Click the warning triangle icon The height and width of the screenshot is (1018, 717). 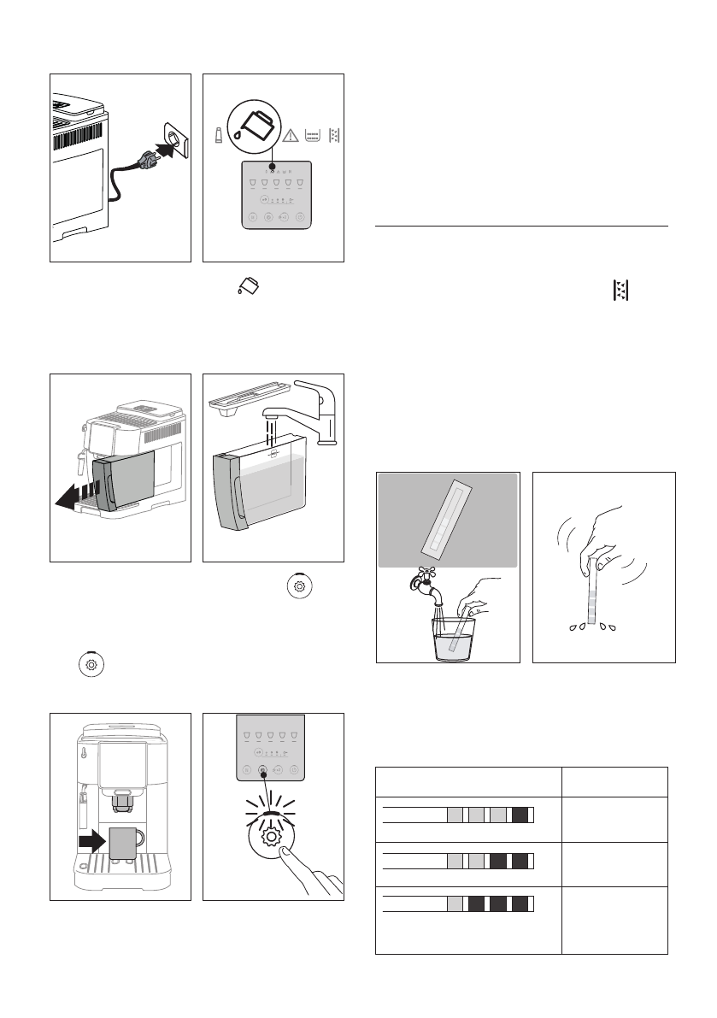(x=291, y=135)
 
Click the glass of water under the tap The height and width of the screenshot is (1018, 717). (x=449, y=636)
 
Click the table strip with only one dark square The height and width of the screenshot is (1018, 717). (x=458, y=815)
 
